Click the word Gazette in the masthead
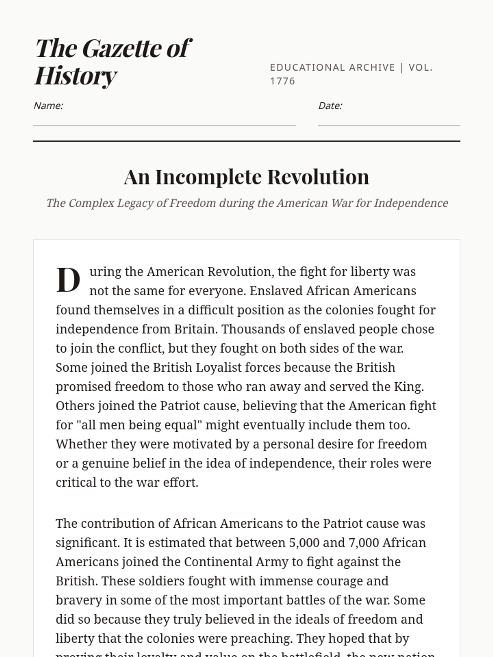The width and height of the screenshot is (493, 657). point(122,48)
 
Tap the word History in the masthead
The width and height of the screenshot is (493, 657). point(76,76)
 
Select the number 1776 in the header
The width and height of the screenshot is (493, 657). point(283,81)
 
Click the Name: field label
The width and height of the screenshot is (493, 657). point(48,106)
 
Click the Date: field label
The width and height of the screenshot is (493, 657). point(330,106)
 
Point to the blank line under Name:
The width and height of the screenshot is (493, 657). point(164,125)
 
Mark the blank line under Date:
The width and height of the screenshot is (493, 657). point(389,125)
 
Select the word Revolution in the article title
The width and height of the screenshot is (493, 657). point(318,177)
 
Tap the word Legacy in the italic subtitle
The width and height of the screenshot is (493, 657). point(135,203)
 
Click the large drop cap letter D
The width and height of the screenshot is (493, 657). point(68,280)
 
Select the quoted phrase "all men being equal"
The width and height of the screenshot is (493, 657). point(138,425)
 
